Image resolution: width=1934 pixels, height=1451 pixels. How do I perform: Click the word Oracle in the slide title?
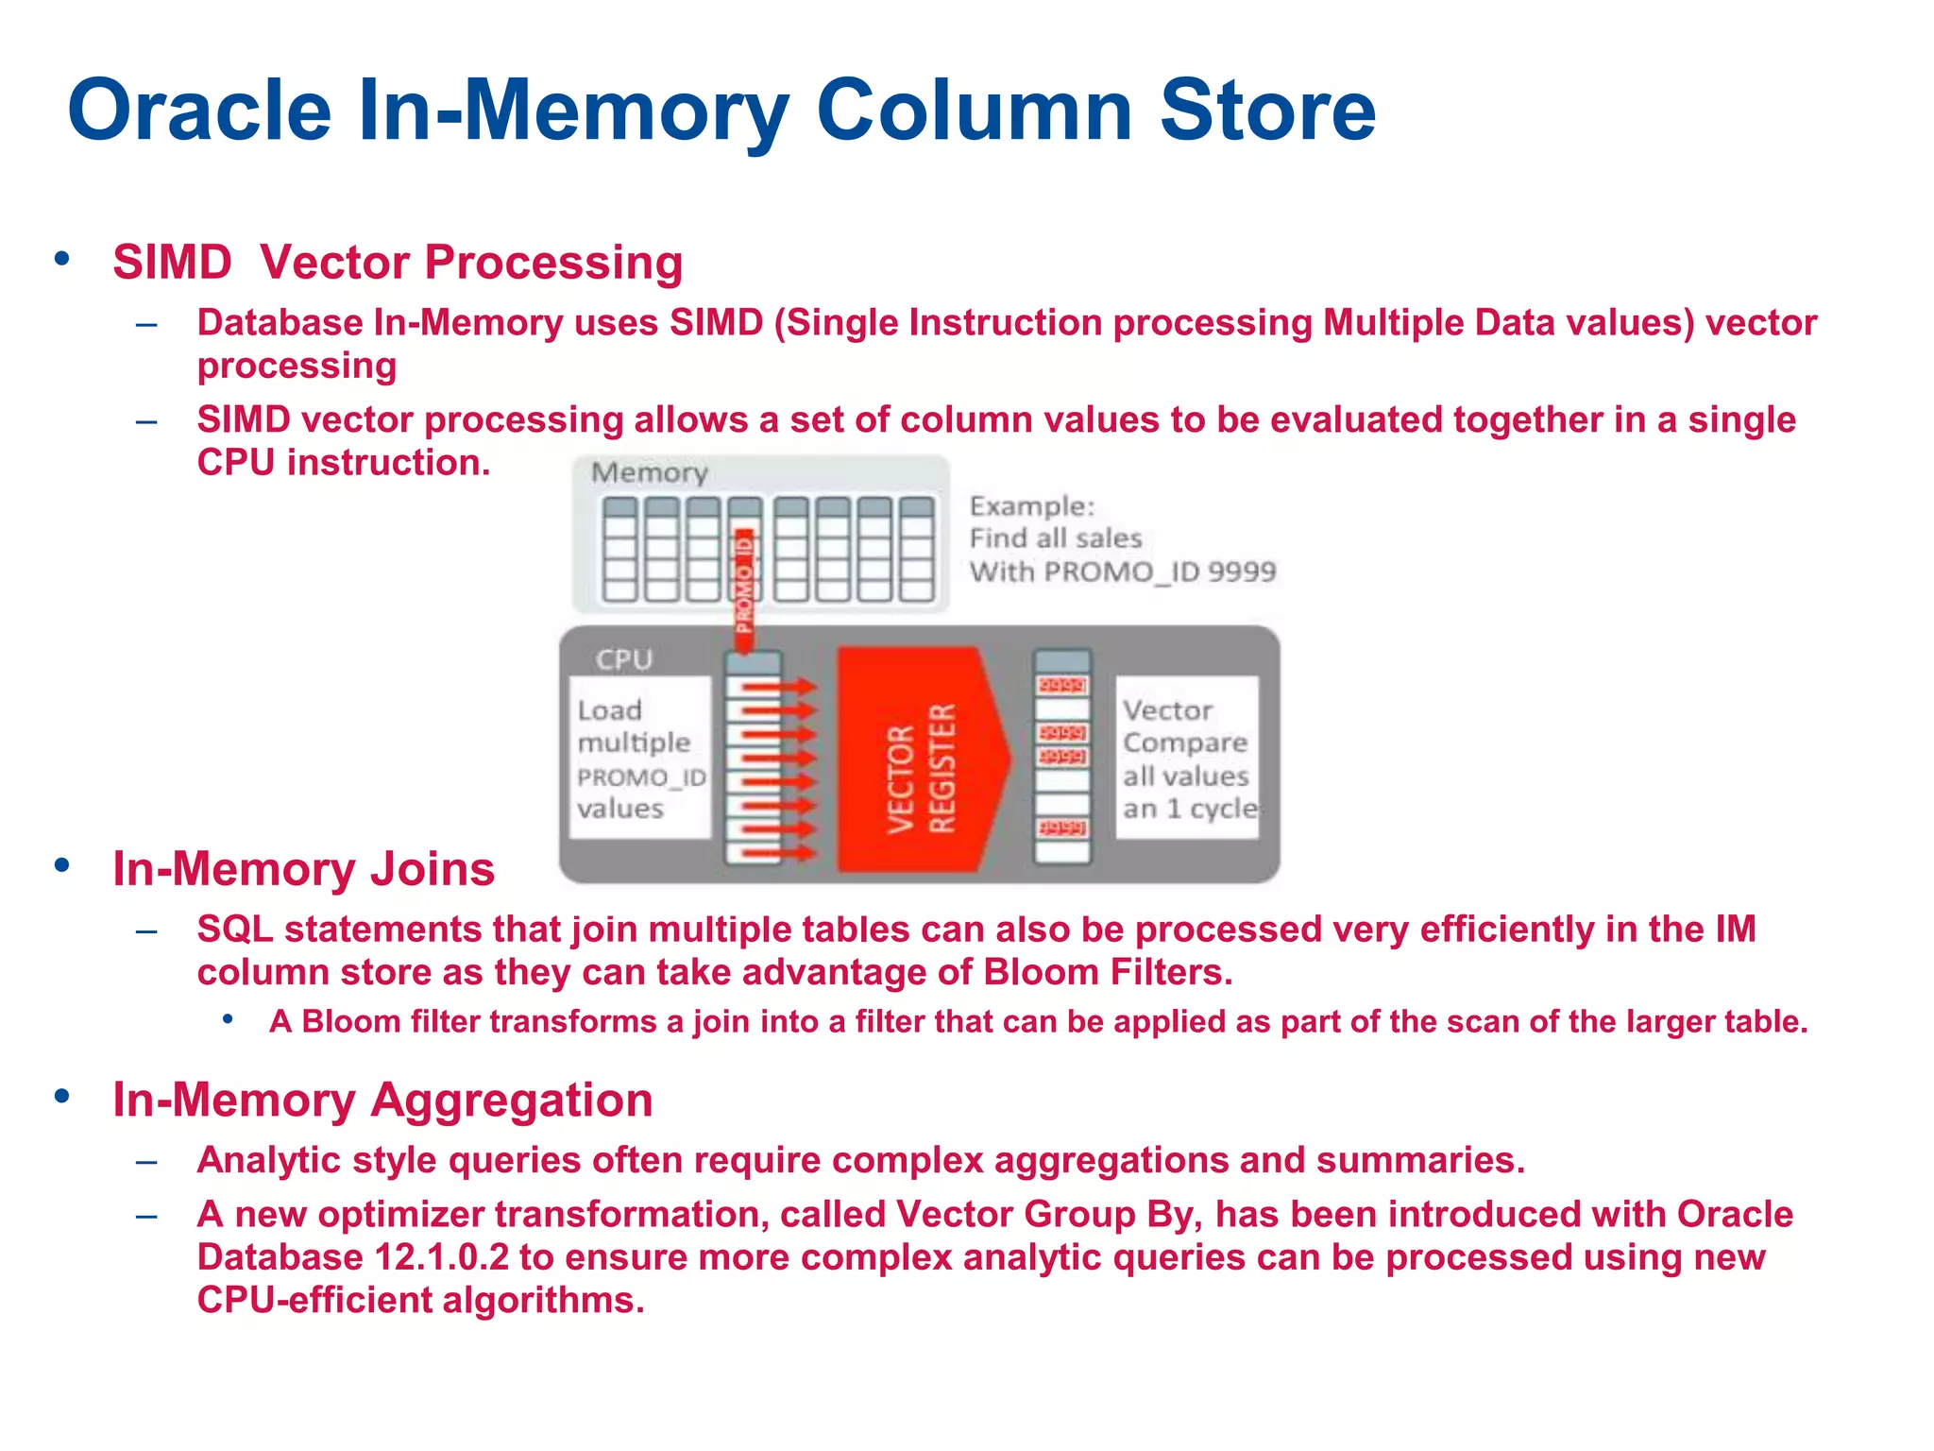pyautogui.click(x=199, y=111)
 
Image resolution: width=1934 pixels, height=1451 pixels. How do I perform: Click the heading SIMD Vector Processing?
pyautogui.click(x=398, y=263)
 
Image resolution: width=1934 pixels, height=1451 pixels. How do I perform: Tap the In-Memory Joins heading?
pyautogui.click(x=303, y=869)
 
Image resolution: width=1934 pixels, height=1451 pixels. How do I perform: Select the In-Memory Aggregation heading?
pyautogui.click(x=382, y=1101)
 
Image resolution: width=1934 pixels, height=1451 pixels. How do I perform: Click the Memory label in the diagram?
pyautogui.click(x=650, y=472)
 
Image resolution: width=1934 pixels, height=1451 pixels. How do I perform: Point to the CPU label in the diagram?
pyautogui.click(x=623, y=659)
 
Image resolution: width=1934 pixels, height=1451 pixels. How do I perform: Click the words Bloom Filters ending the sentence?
pyautogui.click(x=1108, y=973)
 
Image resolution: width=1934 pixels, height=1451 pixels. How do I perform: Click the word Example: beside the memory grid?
pyautogui.click(x=1032, y=506)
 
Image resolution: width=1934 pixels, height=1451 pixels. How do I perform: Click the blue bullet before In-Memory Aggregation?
pyautogui.click(x=62, y=1096)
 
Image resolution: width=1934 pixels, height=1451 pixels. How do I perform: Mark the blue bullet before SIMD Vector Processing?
pyautogui.click(x=62, y=258)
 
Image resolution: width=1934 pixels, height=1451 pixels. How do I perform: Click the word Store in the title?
pyautogui.click(x=1267, y=111)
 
